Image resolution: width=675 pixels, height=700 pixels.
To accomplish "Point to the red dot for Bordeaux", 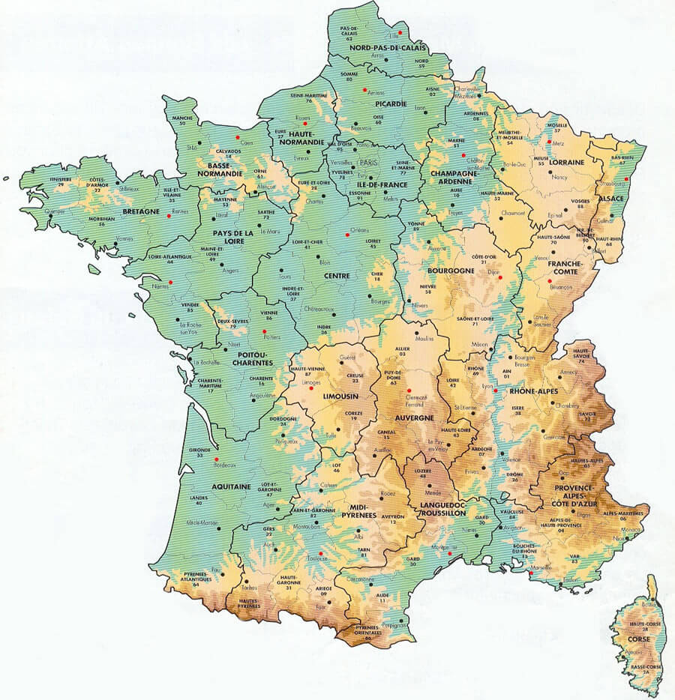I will pyautogui.click(x=216, y=459).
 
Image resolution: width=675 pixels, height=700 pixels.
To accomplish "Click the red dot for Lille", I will pyautogui.click(x=400, y=33).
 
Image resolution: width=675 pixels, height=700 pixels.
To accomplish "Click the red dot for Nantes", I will pyautogui.click(x=170, y=280).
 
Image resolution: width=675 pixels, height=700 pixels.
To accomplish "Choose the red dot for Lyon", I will pyautogui.click(x=495, y=390).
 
